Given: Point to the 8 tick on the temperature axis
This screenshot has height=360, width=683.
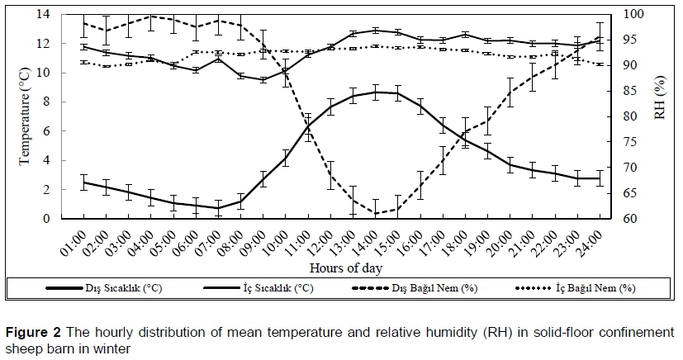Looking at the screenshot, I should coord(51,102).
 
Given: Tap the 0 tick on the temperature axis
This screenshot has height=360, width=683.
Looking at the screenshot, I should coord(51,219).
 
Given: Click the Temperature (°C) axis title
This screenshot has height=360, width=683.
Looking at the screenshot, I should coord(25,116).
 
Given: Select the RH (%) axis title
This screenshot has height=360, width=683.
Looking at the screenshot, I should coord(660,116).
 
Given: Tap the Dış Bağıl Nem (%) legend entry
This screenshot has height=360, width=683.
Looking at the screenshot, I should coord(438,288).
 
